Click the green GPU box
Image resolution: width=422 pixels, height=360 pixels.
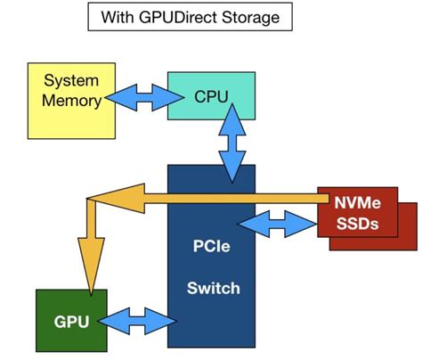[71, 319]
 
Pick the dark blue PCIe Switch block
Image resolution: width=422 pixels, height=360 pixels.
[211, 267]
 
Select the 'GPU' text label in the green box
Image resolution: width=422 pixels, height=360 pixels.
[71, 320]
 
